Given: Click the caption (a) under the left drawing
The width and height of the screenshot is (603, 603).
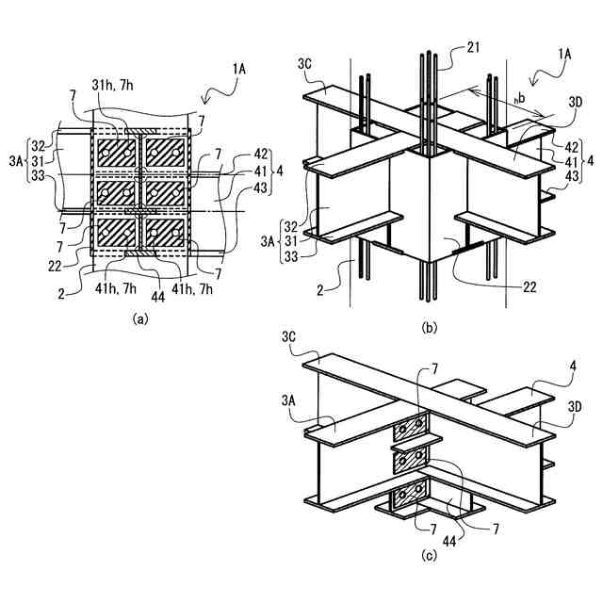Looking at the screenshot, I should [140, 318].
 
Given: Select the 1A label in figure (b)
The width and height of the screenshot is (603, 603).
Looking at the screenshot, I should [564, 56].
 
